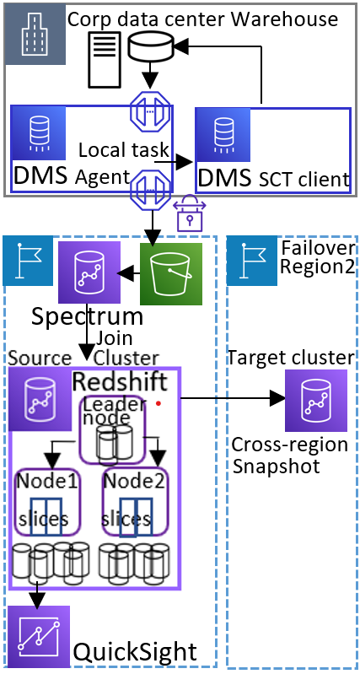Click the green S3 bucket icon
coord(171,272)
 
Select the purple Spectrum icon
coord(84,273)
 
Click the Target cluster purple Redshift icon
coord(304,400)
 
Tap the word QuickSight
coord(134,650)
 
